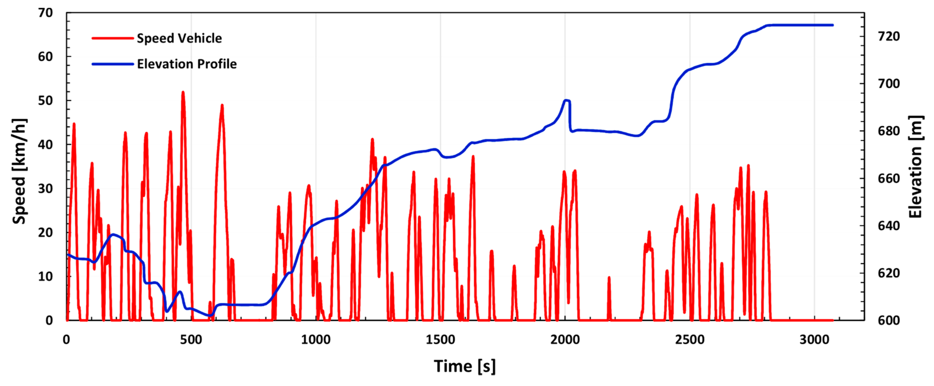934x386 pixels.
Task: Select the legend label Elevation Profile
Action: (x=187, y=64)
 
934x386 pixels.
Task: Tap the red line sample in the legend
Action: (x=113, y=38)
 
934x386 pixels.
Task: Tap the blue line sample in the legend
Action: (x=113, y=64)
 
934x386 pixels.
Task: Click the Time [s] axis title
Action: (x=464, y=366)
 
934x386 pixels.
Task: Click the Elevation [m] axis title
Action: (x=916, y=167)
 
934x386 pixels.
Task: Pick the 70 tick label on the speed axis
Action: (x=45, y=13)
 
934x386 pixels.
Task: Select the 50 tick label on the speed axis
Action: (x=45, y=101)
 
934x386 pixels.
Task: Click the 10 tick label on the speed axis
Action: (x=45, y=277)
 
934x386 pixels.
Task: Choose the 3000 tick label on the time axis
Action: (x=814, y=340)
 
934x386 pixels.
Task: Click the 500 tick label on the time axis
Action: (x=191, y=340)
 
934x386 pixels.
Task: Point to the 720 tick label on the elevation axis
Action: (x=889, y=37)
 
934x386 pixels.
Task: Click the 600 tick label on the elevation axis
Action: (x=889, y=320)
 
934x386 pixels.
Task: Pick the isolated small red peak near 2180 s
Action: (x=609, y=278)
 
